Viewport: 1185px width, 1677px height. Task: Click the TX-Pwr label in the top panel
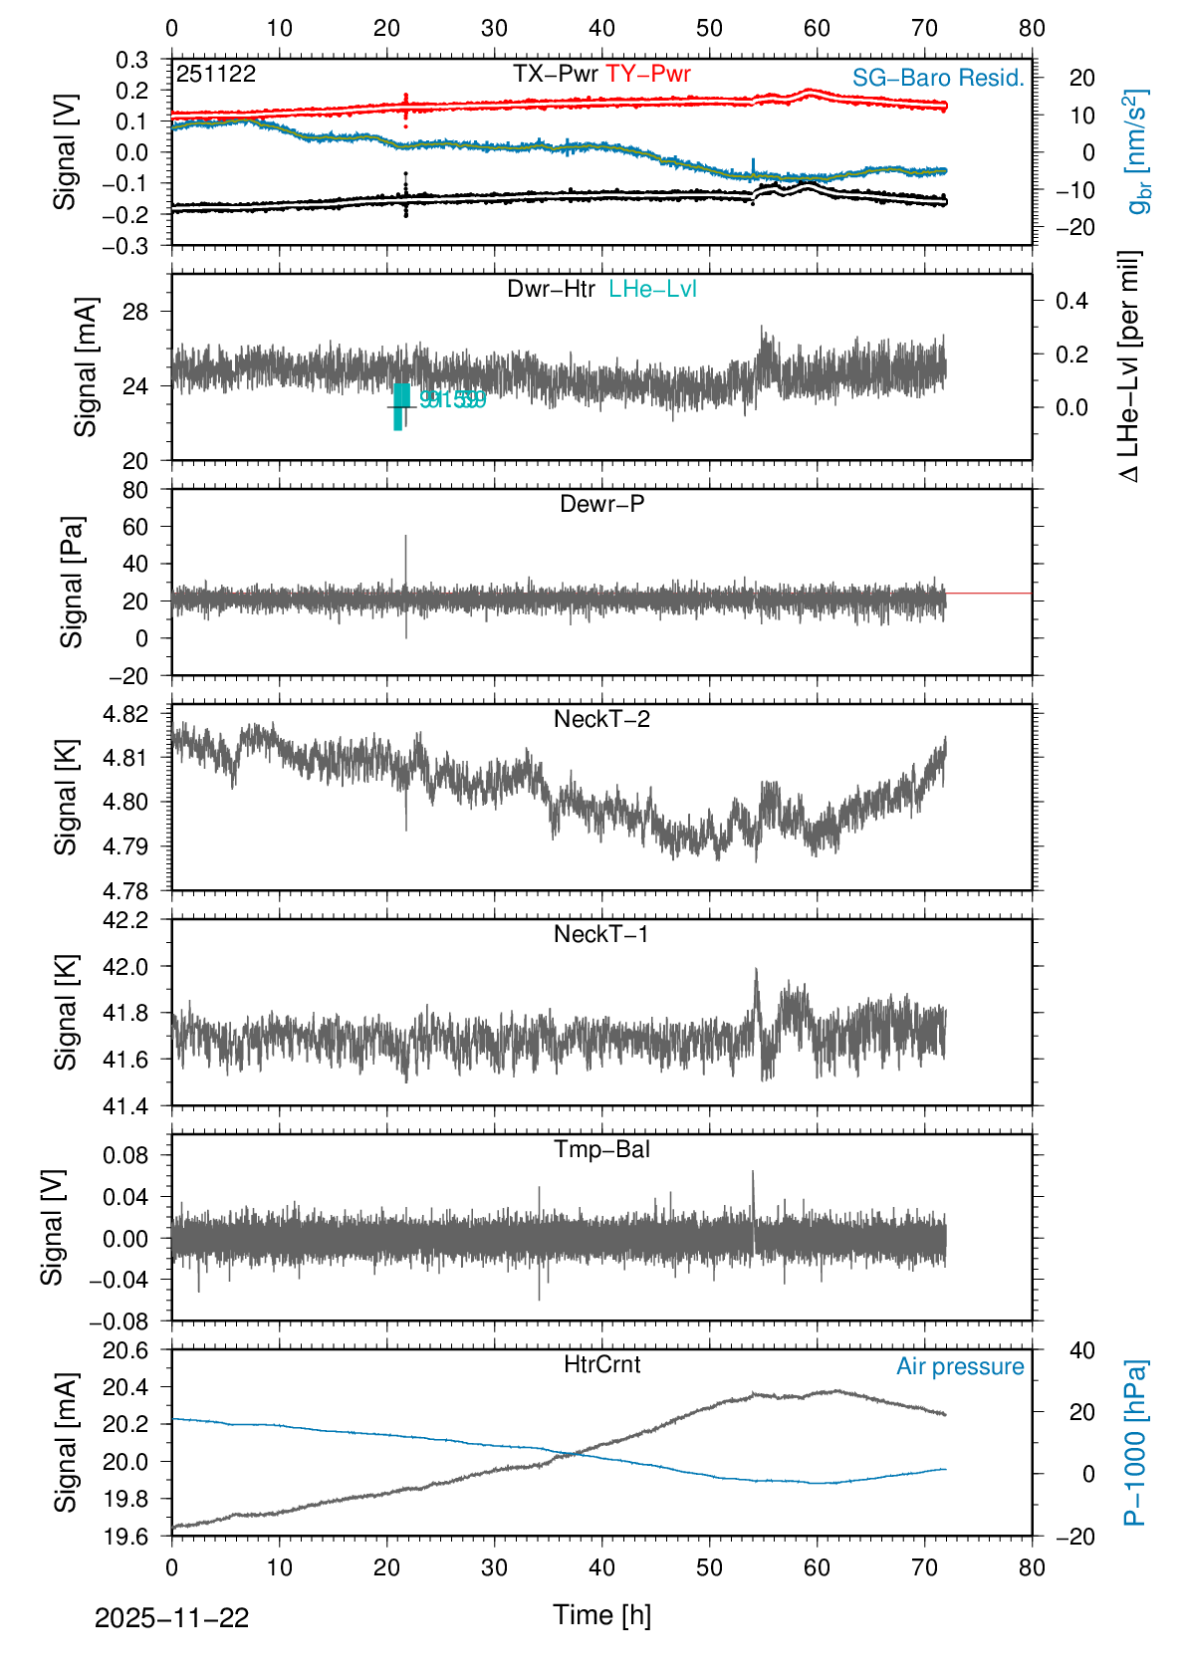(x=555, y=74)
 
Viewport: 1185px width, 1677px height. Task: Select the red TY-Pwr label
(x=648, y=74)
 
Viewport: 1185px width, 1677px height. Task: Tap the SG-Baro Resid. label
(x=938, y=78)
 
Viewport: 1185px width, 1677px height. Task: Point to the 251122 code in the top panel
(x=216, y=74)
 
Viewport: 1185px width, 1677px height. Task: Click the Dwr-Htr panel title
(x=551, y=289)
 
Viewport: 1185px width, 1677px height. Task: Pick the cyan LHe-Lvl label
(x=652, y=289)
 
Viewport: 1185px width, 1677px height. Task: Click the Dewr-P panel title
(x=601, y=504)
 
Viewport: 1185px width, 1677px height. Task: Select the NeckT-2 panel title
(x=601, y=719)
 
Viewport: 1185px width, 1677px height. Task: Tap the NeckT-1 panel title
(x=601, y=934)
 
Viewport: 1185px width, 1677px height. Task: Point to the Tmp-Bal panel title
(x=601, y=1149)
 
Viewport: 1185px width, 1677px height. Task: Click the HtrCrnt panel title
(x=601, y=1364)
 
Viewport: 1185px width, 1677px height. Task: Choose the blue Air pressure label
(x=960, y=1366)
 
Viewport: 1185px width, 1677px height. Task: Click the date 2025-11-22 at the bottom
(x=171, y=1618)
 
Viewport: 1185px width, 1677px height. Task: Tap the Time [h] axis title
(x=601, y=1614)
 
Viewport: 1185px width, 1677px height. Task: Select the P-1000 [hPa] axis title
(x=1135, y=1442)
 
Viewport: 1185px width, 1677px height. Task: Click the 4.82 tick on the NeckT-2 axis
(x=125, y=714)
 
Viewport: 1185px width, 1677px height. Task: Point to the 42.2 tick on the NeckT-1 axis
(x=125, y=920)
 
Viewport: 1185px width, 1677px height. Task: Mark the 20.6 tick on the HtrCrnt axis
(x=125, y=1350)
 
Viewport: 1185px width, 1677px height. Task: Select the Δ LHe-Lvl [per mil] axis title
(x=1129, y=366)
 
